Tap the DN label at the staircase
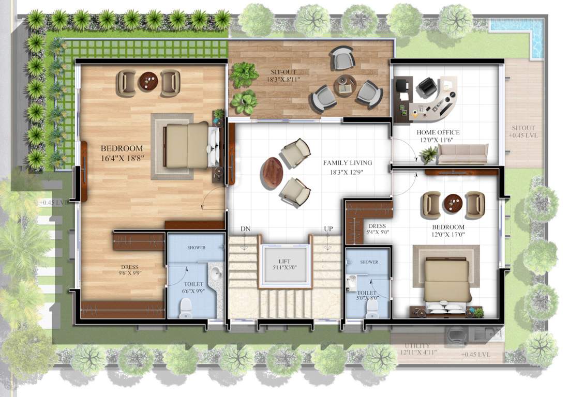pyautogui.click(x=245, y=229)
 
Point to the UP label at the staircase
pyautogui.click(x=328, y=229)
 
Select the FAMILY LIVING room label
pyautogui.click(x=348, y=163)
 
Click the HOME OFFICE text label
pyautogui.click(x=438, y=133)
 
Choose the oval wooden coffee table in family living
pyautogui.click(x=272, y=173)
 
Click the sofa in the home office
pyautogui.click(x=462, y=154)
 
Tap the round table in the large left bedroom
pyautogui.click(x=148, y=82)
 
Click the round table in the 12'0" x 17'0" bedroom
pyautogui.click(x=453, y=203)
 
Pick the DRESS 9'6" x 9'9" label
pyautogui.click(x=129, y=270)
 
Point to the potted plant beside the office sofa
pyautogui.click(x=428, y=154)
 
